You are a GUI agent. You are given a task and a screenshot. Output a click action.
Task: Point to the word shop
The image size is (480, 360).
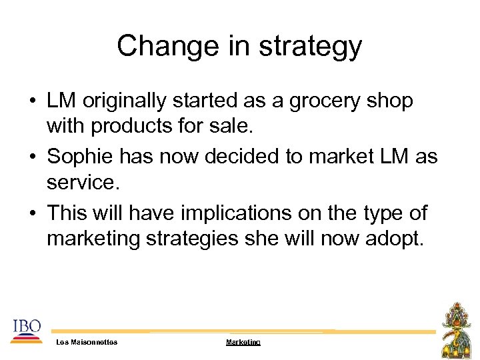pos(392,101)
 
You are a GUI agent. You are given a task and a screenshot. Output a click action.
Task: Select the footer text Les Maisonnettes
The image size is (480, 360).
pos(87,342)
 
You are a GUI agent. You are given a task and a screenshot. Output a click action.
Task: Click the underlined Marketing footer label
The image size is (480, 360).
pos(243,342)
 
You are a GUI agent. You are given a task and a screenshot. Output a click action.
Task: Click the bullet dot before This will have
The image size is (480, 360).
pos(32,214)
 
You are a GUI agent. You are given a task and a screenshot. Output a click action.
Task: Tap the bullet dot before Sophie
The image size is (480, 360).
pos(32,157)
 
